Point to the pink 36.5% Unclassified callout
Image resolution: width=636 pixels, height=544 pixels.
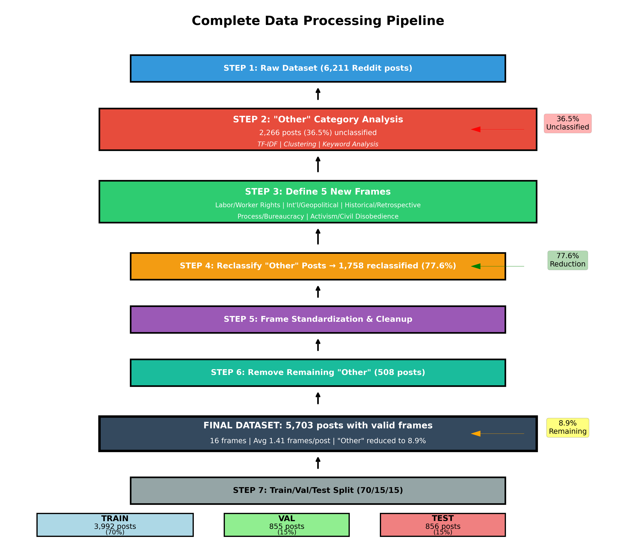(x=567, y=123)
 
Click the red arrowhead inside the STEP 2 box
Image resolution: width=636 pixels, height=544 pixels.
(x=476, y=129)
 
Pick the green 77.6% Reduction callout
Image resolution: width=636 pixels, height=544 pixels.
(x=567, y=260)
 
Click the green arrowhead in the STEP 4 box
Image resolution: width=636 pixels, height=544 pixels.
(x=476, y=266)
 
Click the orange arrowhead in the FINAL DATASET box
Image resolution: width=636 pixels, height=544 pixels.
(x=476, y=434)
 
